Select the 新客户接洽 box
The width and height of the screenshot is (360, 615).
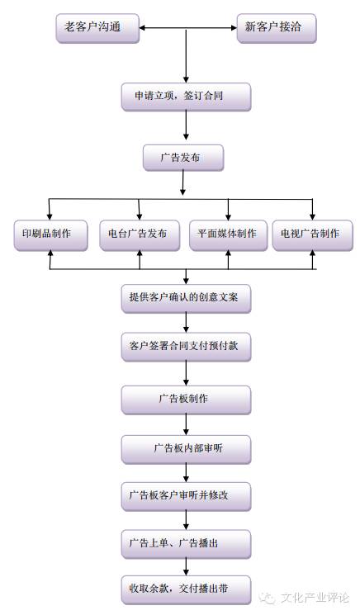pyautogui.click(x=276, y=27)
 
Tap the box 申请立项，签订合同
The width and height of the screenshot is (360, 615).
pyautogui.click(x=185, y=96)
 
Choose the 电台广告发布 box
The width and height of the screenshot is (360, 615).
pyautogui.click(x=139, y=234)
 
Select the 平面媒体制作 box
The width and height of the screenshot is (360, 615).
pyautogui.click(x=227, y=234)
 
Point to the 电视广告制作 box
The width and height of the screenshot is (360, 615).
pyautogui.click(x=310, y=234)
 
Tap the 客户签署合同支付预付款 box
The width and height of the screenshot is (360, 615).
pyautogui.click(x=185, y=348)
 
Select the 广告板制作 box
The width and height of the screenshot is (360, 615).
pyautogui.click(x=185, y=400)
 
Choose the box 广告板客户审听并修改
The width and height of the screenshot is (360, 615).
pyautogui.click(x=185, y=496)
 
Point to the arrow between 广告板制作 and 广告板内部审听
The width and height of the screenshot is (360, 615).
pyautogui.click(x=185, y=424)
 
